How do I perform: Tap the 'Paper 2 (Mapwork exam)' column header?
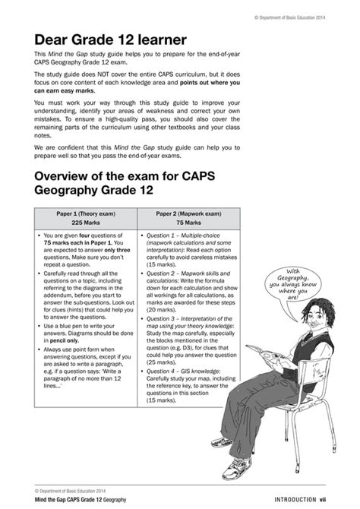point(188,213)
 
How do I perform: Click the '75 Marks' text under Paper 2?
point(188,223)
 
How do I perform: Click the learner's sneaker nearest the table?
point(221,441)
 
